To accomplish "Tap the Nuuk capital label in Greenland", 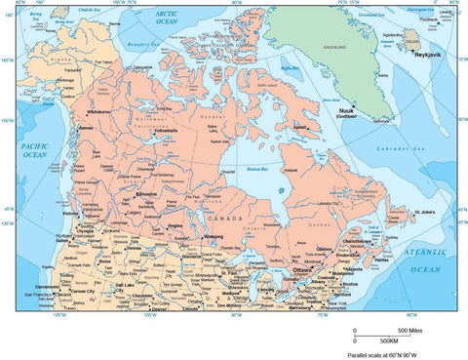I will [346, 110].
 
